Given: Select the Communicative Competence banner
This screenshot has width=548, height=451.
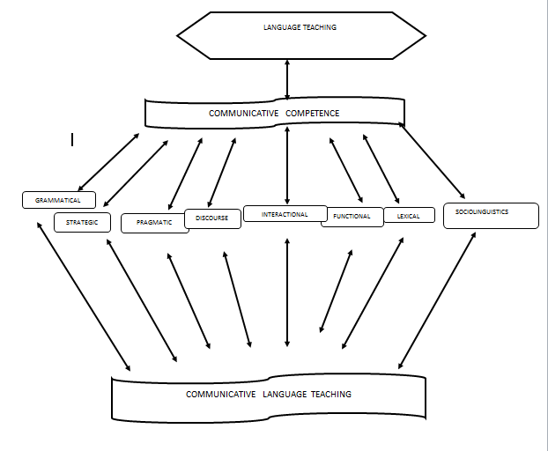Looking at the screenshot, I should [x=274, y=113].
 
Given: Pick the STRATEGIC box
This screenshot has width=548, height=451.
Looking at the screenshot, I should [x=82, y=222].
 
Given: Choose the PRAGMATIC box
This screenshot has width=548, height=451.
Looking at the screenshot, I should [x=154, y=224].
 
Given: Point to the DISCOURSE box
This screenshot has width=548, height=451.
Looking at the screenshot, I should [x=212, y=218].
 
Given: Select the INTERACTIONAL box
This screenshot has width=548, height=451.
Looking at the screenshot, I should [x=285, y=214].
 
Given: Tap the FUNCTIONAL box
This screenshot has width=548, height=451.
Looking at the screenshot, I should [x=352, y=217].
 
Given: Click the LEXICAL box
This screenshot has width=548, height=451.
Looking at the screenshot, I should [x=409, y=216].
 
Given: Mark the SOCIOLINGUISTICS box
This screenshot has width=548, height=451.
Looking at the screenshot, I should [x=490, y=216].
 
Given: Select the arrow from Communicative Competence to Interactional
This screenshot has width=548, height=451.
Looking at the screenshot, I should [x=287, y=167].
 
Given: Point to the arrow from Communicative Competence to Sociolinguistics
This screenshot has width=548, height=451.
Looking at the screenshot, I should [x=433, y=161].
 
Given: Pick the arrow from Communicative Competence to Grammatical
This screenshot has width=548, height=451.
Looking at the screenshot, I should [x=109, y=163].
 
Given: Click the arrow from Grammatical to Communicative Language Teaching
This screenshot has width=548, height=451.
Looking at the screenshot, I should [x=83, y=295].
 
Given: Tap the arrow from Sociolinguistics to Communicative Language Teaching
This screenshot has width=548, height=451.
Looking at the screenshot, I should [x=437, y=299].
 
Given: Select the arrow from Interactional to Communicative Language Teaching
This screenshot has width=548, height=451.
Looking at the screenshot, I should [x=287, y=291].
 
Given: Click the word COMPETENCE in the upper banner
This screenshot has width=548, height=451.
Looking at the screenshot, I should [x=312, y=113].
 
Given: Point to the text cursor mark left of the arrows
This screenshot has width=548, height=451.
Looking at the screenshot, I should [x=72, y=139].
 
